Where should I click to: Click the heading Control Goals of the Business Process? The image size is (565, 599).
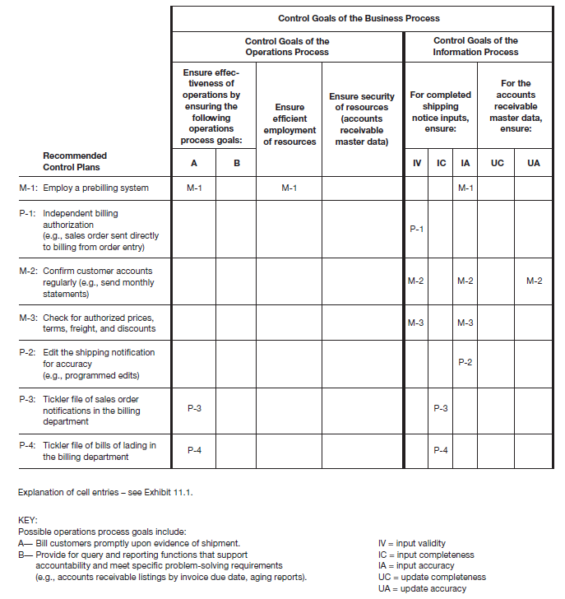[x=359, y=18]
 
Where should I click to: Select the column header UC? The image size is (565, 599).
[x=497, y=163]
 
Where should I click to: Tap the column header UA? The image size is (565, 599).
[x=534, y=163]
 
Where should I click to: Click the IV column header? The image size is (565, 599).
[x=416, y=163]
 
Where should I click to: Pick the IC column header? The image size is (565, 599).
[x=441, y=163]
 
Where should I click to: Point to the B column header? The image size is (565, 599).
[x=236, y=163]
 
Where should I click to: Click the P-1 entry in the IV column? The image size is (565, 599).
[x=416, y=229]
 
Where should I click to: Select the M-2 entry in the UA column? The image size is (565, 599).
[x=534, y=281]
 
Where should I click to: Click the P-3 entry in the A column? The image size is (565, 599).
[x=194, y=409]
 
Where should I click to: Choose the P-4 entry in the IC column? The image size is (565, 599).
[x=441, y=450]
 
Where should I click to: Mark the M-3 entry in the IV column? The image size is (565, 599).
[x=416, y=323]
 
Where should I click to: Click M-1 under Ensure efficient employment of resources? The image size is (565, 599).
[x=289, y=188]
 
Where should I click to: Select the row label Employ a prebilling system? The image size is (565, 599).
[x=95, y=188]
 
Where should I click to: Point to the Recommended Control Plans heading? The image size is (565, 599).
[x=75, y=161]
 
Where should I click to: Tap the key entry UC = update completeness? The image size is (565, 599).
[x=432, y=578]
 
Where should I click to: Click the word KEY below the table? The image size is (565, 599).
[x=27, y=520]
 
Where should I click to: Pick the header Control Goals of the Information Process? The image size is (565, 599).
[x=475, y=46]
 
